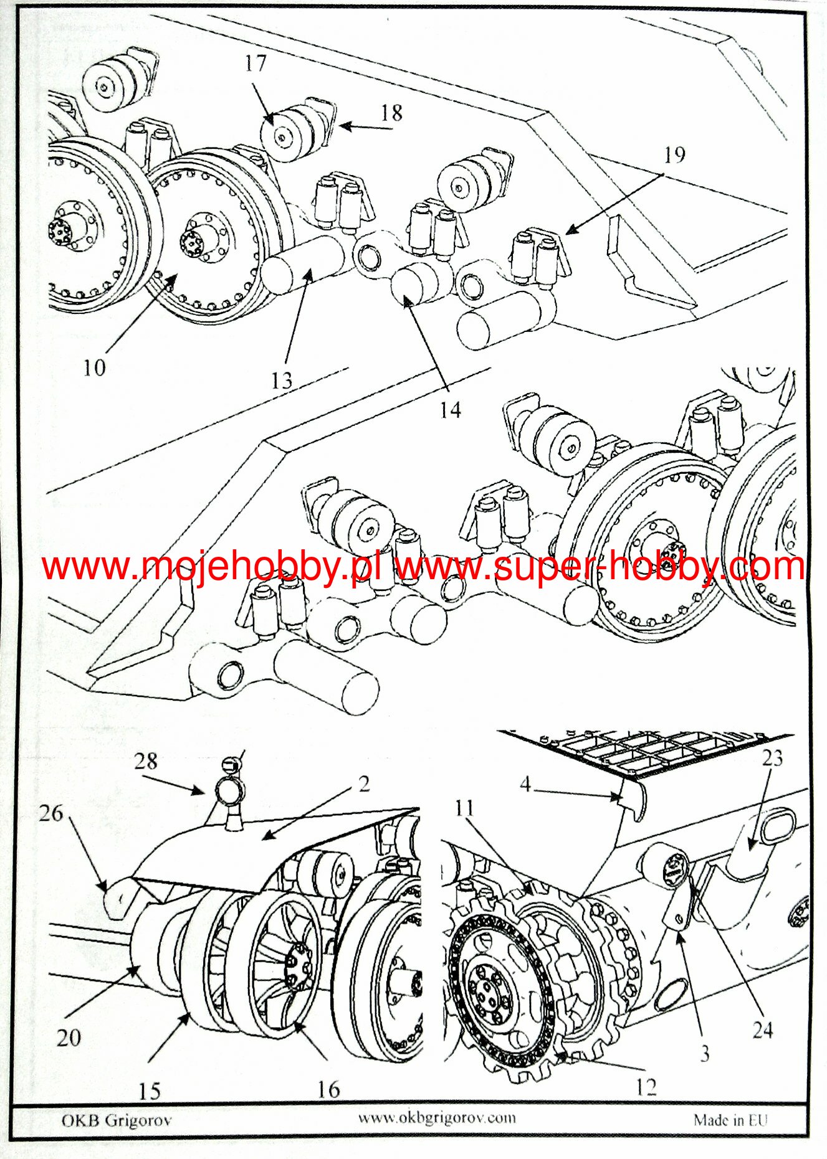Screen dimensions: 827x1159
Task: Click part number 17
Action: click(256, 64)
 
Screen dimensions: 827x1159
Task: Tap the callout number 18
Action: click(391, 113)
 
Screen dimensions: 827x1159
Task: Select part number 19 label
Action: click(674, 155)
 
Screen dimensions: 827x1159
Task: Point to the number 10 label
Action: click(95, 367)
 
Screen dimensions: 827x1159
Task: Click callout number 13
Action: click(282, 380)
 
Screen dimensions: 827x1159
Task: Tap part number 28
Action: click(146, 760)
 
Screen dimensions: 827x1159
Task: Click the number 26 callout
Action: click(51, 812)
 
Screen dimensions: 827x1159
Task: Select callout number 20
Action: click(69, 1037)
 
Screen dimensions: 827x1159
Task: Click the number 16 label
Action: click(329, 1089)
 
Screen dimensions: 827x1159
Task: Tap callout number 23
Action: click(772, 758)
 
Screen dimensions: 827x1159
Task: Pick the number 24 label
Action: click(763, 1030)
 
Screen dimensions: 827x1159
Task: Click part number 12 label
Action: click(646, 1087)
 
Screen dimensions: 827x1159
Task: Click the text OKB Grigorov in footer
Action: click(116, 1120)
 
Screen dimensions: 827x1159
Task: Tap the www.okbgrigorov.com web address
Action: click(437, 1117)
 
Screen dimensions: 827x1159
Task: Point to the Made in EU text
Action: click(730, 1120)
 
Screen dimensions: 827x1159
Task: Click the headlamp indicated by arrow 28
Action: click(229, 791)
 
